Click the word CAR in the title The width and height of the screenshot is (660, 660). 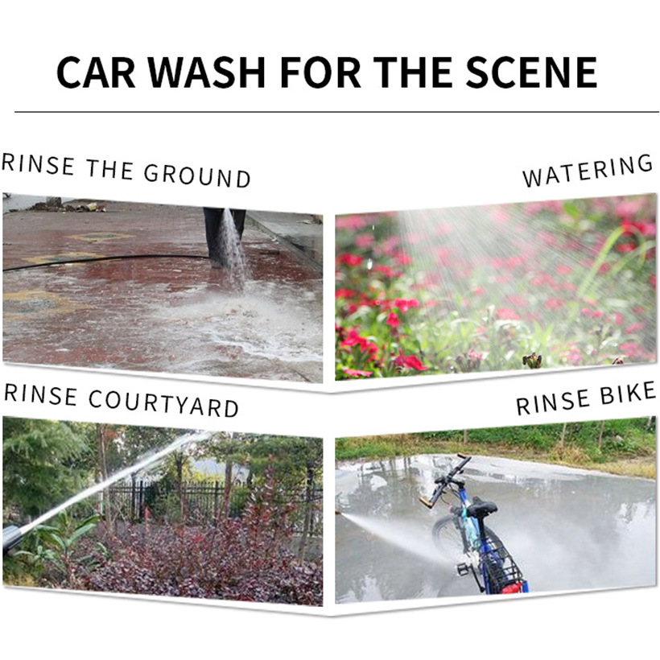click(96, 72)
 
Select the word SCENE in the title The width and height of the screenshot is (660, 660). click(530, 72)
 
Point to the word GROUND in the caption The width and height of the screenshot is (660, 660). click(197, 175)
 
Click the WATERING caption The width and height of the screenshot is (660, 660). click(588, 170)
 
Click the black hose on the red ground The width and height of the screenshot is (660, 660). click(105, 262)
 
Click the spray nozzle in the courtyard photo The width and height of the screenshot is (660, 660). click(13, 538)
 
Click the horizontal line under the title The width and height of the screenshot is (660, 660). click(336, 112)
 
